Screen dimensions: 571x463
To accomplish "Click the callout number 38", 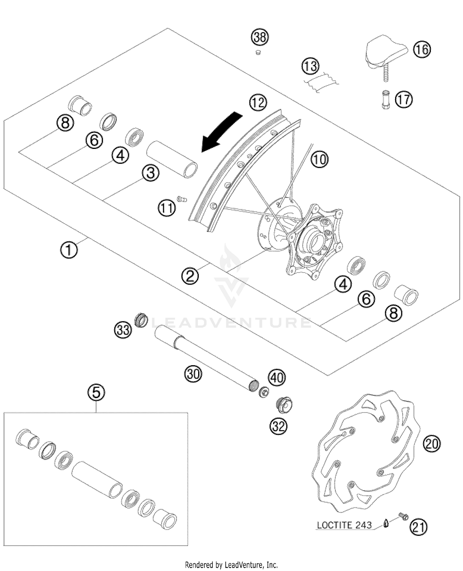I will pos(260,37).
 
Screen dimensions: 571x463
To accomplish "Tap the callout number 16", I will pos(422,49).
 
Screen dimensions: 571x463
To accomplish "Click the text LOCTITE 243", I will pos(344,525).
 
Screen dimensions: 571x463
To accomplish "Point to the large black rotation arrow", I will pos(221,131).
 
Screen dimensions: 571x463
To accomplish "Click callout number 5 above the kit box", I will pos(96,393).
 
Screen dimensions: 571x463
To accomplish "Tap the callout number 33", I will pos(123,330).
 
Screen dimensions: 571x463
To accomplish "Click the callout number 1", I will pos(69,250).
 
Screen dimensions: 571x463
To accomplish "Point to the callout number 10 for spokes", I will pos(319,159).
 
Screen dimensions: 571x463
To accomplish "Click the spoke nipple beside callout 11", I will pos(182,199).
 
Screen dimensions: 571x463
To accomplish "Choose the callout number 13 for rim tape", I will pos(311,66).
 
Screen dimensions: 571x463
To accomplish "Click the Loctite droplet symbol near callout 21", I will pos(386,523).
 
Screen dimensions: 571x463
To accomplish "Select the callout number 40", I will pos(277,377).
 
